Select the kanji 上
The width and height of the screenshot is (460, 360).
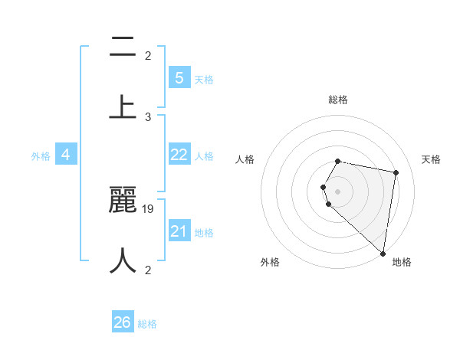click(x=123, y=106)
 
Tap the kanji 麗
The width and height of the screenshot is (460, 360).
click(x=123, y=201)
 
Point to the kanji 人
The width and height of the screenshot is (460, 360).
click(x=123, y=260)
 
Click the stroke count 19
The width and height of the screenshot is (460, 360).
click(x=149, y=208)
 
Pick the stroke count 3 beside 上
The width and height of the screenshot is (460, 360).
click(x=148, y=116)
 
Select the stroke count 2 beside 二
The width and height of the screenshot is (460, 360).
click(x=148, y=55)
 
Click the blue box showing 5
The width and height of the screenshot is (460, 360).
click(x=179, y=77)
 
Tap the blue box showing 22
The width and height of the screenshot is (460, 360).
click(x=179, y=155)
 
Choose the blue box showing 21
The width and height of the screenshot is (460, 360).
click(x=179, y=231)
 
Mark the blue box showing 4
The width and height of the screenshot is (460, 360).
click(x=66, y=155)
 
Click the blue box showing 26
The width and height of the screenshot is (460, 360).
click(x=123, y=322)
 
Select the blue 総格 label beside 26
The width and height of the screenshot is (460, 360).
click(x=147, y=324)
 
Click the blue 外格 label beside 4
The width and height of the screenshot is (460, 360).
click(x=41, y=156)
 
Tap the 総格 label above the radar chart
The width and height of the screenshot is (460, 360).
click(x=338, y=100)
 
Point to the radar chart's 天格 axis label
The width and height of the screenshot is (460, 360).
click(x=431, y=159)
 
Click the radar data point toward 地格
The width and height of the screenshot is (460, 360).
click(x=383, y=253)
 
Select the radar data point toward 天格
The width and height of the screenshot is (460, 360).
click(x=396, y=172)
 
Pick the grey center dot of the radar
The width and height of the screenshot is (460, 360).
click(x=338, y=191)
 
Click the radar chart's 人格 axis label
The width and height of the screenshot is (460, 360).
click(x=245, y=159)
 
